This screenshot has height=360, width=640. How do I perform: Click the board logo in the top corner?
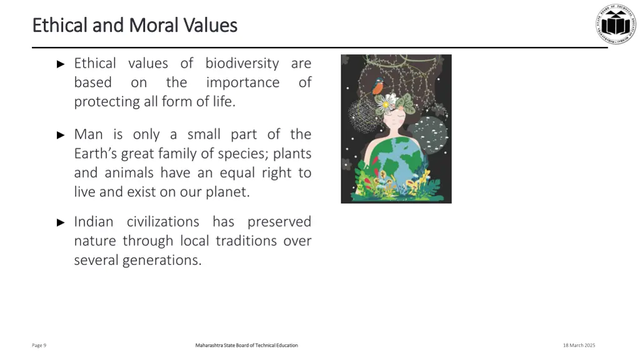(x=615, y=24)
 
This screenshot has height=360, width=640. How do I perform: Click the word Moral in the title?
(x=154, y=25)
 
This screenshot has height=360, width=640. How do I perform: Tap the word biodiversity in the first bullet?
(x=242, y=63)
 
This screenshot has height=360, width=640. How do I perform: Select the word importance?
(x=242, y=82)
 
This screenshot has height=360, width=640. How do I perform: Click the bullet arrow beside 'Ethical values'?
(x=61, y=64)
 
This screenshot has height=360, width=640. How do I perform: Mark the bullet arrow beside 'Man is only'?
(x=61, y=134)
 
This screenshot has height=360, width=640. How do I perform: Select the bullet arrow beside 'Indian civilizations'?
(x=61, y=222)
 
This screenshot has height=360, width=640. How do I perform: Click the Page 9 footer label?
(x=39, y=345)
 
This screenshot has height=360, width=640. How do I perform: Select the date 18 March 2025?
(x=579, y=345)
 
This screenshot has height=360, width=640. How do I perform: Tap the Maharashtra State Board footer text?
(x=246, y=345)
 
